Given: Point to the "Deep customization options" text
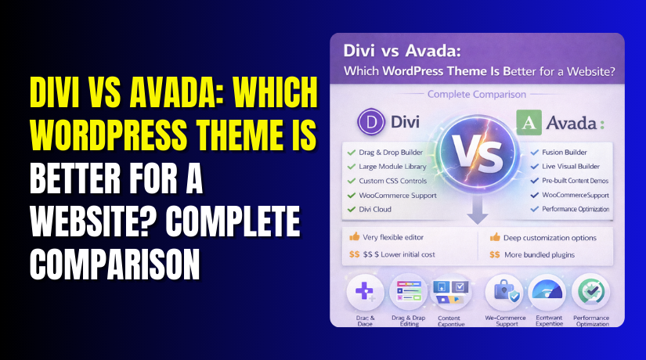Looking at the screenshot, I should [553, 237].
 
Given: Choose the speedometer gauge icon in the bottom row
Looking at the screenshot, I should [547, 293].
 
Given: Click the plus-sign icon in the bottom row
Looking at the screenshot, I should [365, 293].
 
